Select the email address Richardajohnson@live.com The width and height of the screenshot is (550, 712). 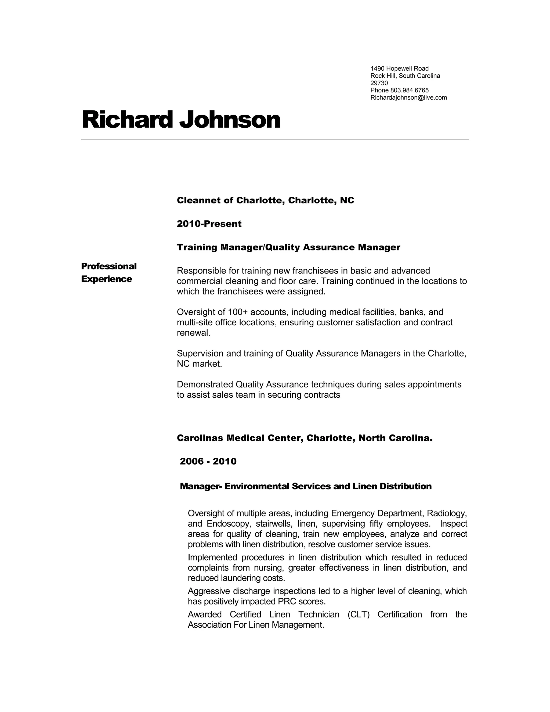408,98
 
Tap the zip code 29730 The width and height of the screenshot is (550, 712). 379,83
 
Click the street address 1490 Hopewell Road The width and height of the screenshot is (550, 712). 399,69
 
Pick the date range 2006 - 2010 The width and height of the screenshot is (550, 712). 208,461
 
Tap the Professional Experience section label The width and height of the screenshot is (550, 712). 108,272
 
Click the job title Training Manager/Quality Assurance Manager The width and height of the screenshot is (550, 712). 288,247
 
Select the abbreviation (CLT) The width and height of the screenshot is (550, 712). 359,614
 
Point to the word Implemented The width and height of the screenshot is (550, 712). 212,557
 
